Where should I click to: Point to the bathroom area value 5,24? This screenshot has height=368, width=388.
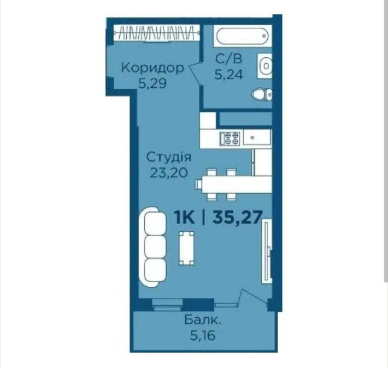tap(228, 76)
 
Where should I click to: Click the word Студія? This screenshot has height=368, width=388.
tap(169, 158)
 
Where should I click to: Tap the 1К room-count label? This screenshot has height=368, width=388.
tap(185, 218)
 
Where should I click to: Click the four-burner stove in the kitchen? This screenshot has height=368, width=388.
tap(230, 138)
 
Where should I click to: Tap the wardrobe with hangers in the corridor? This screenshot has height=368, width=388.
tap(156, 33)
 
